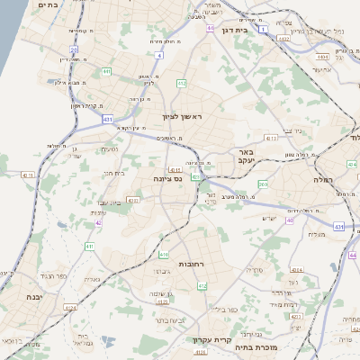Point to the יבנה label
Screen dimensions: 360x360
point(34,296)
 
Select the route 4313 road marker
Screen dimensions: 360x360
point(271,138)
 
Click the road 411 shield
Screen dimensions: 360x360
point(89,246)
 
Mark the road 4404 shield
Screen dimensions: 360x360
point(323,57)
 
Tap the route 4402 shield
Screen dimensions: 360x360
point(283,39)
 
